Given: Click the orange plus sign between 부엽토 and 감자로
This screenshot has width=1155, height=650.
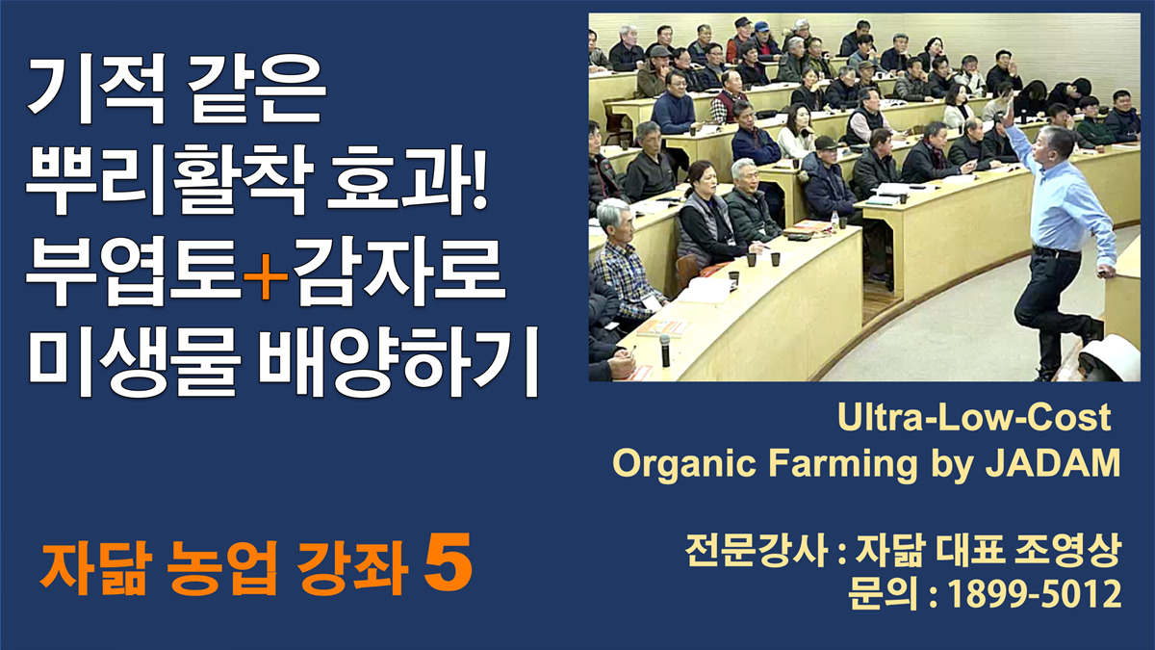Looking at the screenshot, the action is (x=266, y=277).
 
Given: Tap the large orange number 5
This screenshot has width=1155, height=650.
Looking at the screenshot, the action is (x=449, y=562).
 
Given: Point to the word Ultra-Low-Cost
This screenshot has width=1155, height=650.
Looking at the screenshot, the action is (x=974, y=417).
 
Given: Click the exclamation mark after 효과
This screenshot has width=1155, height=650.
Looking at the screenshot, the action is (x=479, y=179).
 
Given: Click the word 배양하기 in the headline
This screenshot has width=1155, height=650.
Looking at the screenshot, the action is (x=398, y=360).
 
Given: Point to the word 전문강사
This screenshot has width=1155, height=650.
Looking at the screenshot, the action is (x=756, y=551).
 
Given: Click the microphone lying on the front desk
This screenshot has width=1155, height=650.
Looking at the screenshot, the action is (x=665, y=350).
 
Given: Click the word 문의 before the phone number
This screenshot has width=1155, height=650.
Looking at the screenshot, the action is (x=884, y=594).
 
